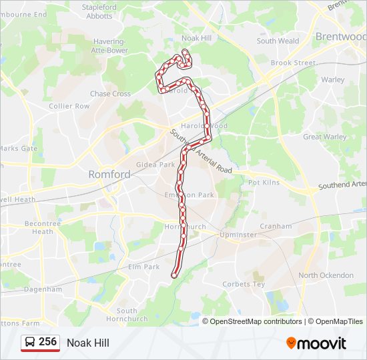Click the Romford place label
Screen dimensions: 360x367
[x=109, y=175]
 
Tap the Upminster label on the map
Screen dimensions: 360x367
[x=238, y=235]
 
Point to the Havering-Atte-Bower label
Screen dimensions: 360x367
[x=111, y=45]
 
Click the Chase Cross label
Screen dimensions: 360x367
[x=110, y=94]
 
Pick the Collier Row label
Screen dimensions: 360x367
[x=69, y=106]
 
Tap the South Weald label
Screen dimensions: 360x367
[x=278, y=41]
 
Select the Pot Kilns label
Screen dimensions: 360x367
[x=263, y=182]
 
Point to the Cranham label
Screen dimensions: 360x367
[x=276, y=226]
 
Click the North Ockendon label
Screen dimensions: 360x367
[x=326, y=275]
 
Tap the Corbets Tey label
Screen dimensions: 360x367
[x=244, y=284]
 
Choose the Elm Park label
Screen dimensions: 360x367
[x=143, y=267]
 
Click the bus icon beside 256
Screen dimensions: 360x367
[x=30, y=343]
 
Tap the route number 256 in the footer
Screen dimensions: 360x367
[x=48, y=342]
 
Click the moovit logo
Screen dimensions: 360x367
[x=316, y=343]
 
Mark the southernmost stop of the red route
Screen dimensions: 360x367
[x=175, y=275]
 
